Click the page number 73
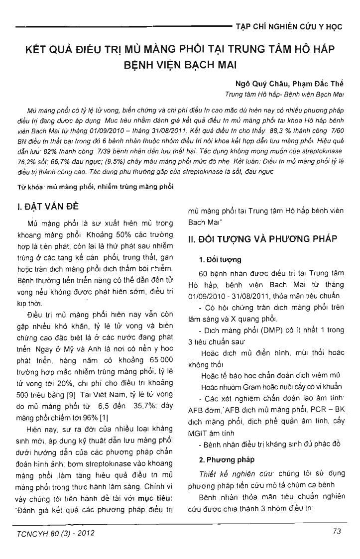(x=336, y=532)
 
